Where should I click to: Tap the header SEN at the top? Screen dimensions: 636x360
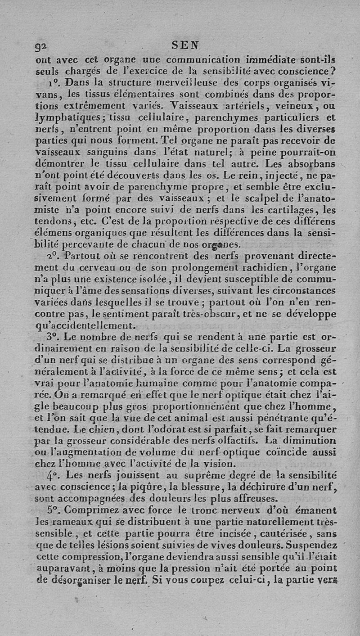[186, 46]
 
